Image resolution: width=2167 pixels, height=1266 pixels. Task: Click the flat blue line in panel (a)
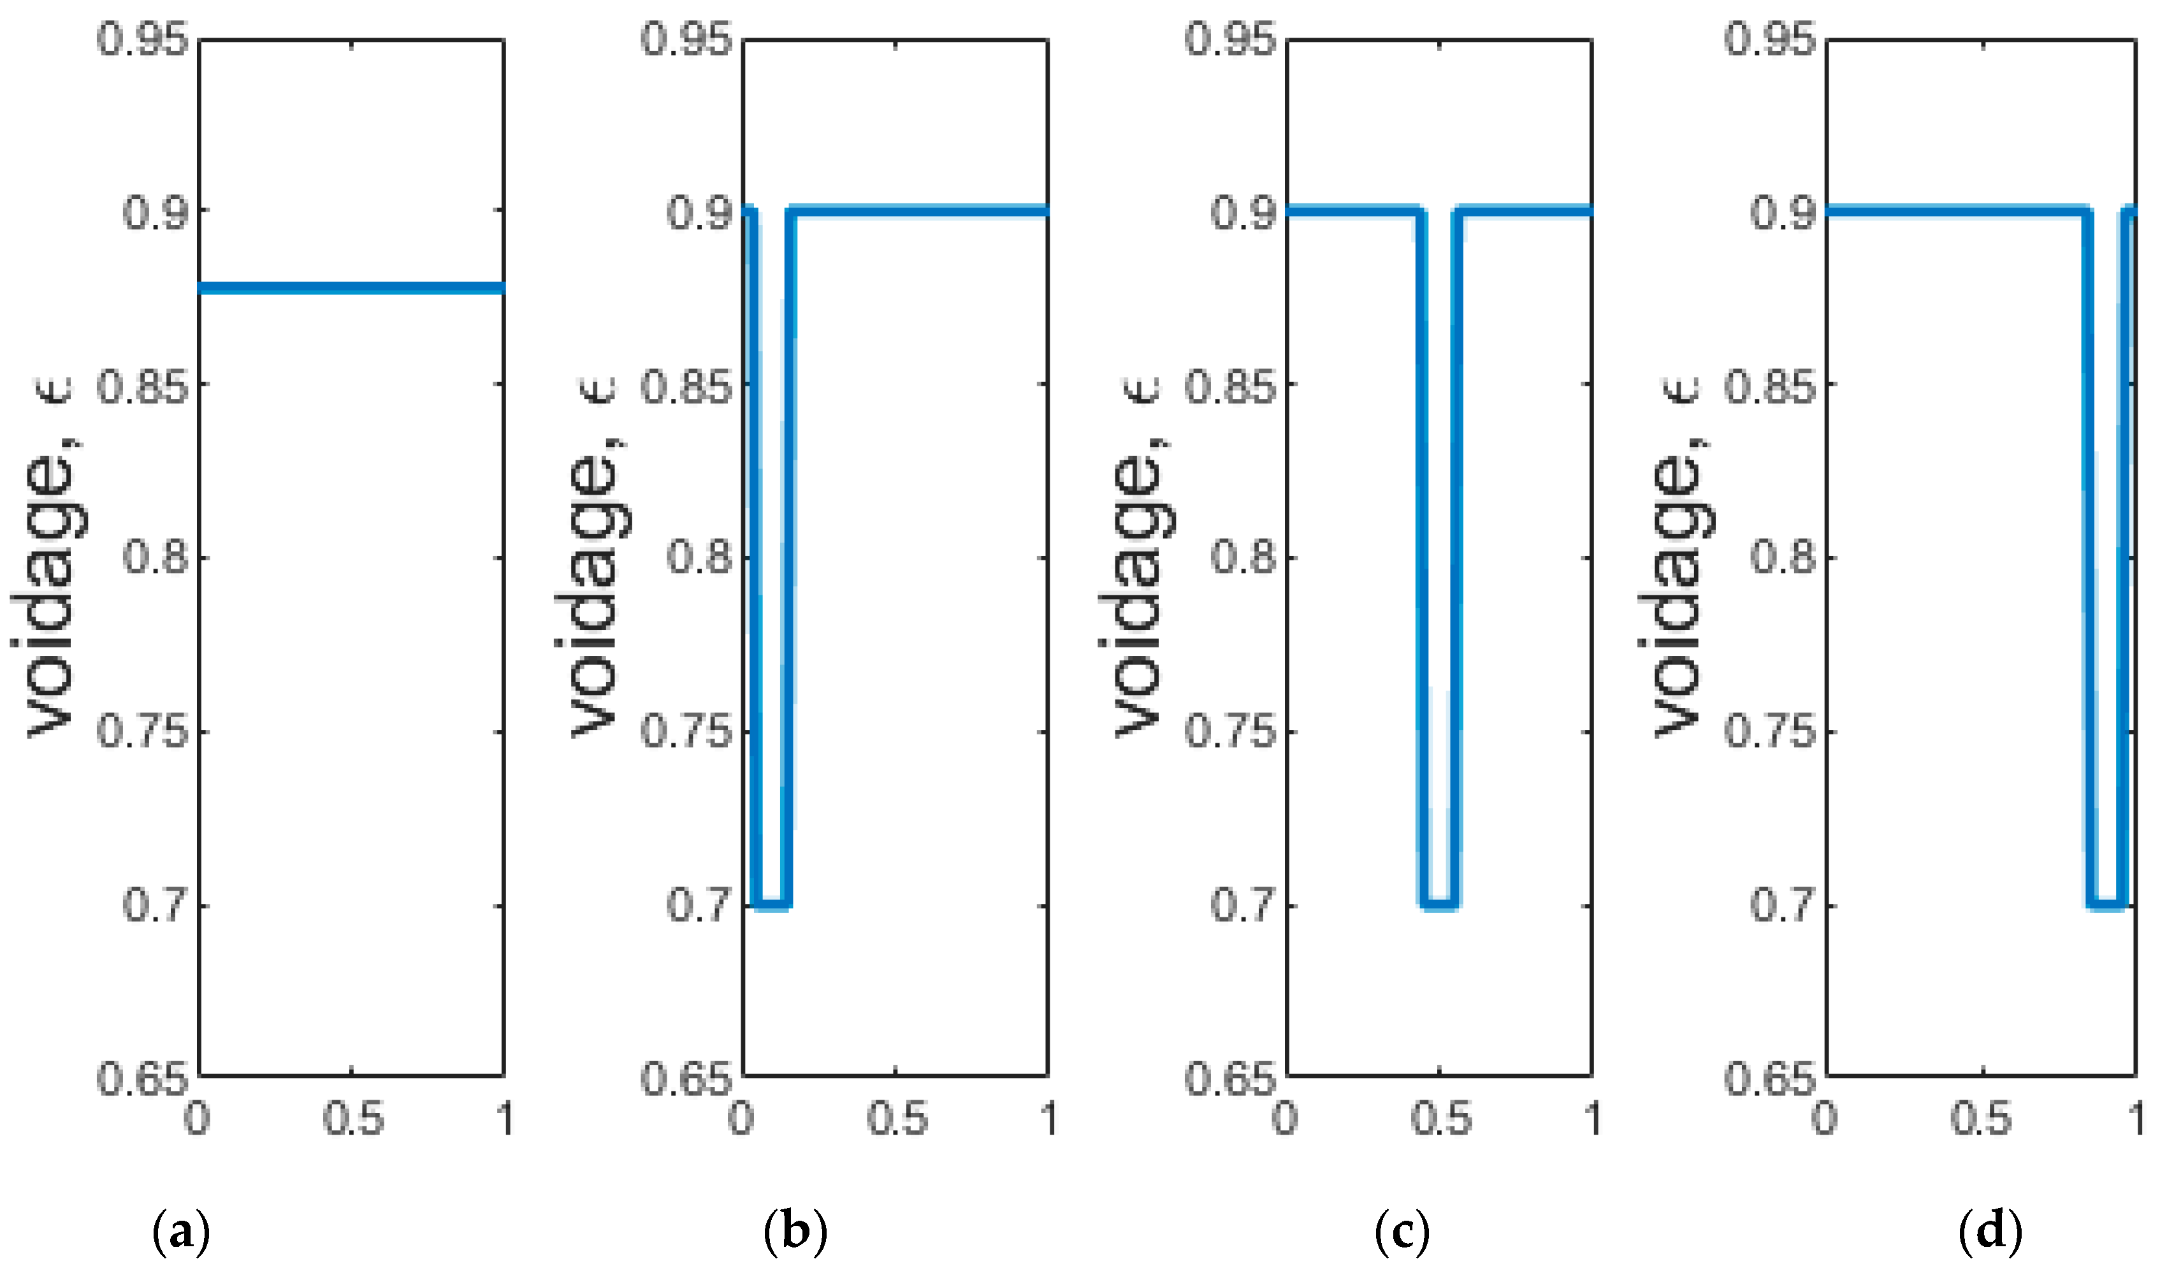click(x=351, y=287)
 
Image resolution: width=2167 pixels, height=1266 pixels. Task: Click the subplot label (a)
click(x=180, y=1232)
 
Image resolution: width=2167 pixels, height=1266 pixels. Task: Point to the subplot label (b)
click(x=795, y=1232)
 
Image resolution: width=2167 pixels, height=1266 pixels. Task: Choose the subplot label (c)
click(x=1402, y=1232)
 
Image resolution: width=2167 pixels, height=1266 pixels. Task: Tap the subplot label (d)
click(x=1990, y=1232)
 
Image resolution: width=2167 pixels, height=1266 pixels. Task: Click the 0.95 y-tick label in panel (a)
click(x=143, y=40)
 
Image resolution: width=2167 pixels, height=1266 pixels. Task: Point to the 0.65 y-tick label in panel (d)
click(x=1770, y=1079)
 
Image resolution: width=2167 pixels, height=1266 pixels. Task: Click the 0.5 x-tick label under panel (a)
click(x=352, y=1119)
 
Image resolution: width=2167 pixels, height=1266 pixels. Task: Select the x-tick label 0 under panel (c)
click(x=1285, y=1119)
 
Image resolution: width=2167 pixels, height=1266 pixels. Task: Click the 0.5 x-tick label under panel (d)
click(x=1980, y=1119)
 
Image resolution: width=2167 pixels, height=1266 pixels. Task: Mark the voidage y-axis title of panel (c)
click(x=1140, y=559)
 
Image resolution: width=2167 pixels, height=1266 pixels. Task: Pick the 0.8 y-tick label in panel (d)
click(x=1783, y=557)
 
